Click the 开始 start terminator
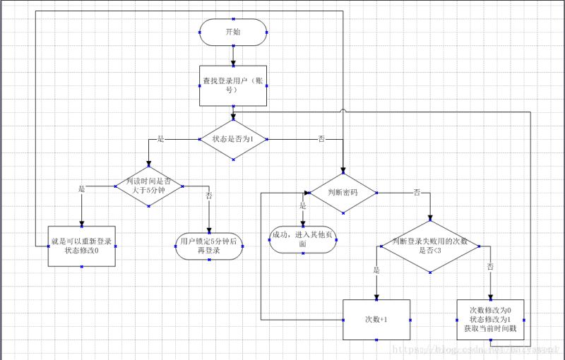233,32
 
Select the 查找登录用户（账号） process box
233,85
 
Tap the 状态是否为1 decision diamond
233,139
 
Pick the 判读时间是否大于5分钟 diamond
149,186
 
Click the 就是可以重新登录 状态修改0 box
81,246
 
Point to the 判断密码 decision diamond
343,192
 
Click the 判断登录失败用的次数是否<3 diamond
431,246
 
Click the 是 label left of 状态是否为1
160,139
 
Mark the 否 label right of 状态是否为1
321,139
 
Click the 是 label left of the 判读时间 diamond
81,189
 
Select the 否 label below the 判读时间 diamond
208,196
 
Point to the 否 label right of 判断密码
417,192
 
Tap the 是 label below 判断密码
302,205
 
